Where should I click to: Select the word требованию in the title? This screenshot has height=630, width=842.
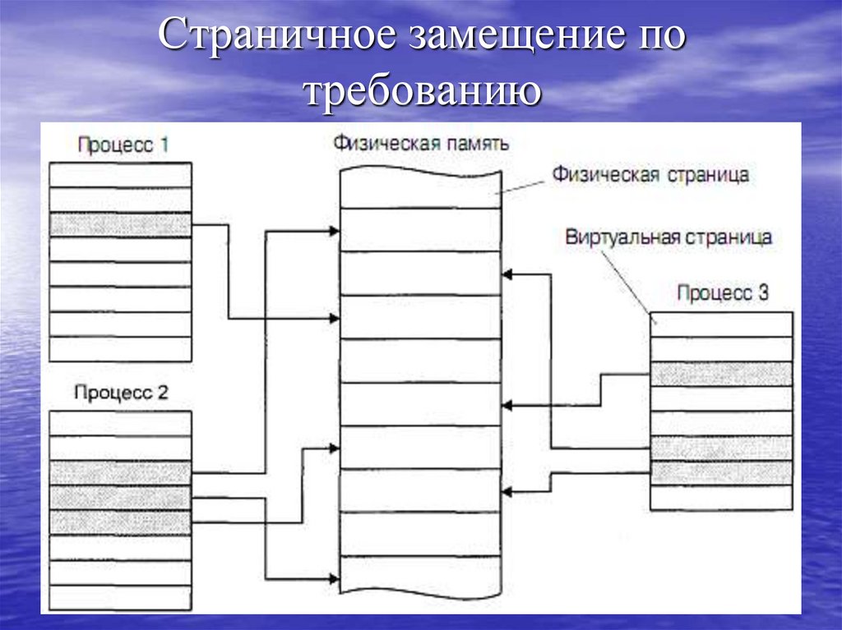click(x=423, y=90)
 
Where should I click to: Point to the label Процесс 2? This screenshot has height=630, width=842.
click(x=121, y=393)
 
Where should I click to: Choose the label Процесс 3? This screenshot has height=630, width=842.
click(x=722, y=293)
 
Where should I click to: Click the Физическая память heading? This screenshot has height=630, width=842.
click(x=421, y=143)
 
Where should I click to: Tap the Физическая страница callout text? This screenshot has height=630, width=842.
click(x=650, y=174)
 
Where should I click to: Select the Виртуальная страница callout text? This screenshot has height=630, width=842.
click(x=668, y=237)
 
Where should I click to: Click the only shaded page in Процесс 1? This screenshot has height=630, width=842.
click(x=120, y=225)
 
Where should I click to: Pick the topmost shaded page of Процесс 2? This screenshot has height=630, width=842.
click(x=120, y=473)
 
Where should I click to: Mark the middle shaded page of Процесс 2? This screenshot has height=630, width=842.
click(x=120, y=498)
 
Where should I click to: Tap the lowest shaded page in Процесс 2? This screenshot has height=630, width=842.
click(x=120, y=522)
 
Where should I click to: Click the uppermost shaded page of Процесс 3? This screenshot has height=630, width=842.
click(x=722, y=374)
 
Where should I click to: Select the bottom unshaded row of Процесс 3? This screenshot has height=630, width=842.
click(x=722, y=497)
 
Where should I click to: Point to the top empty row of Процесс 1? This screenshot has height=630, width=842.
click(x=120, y=175)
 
